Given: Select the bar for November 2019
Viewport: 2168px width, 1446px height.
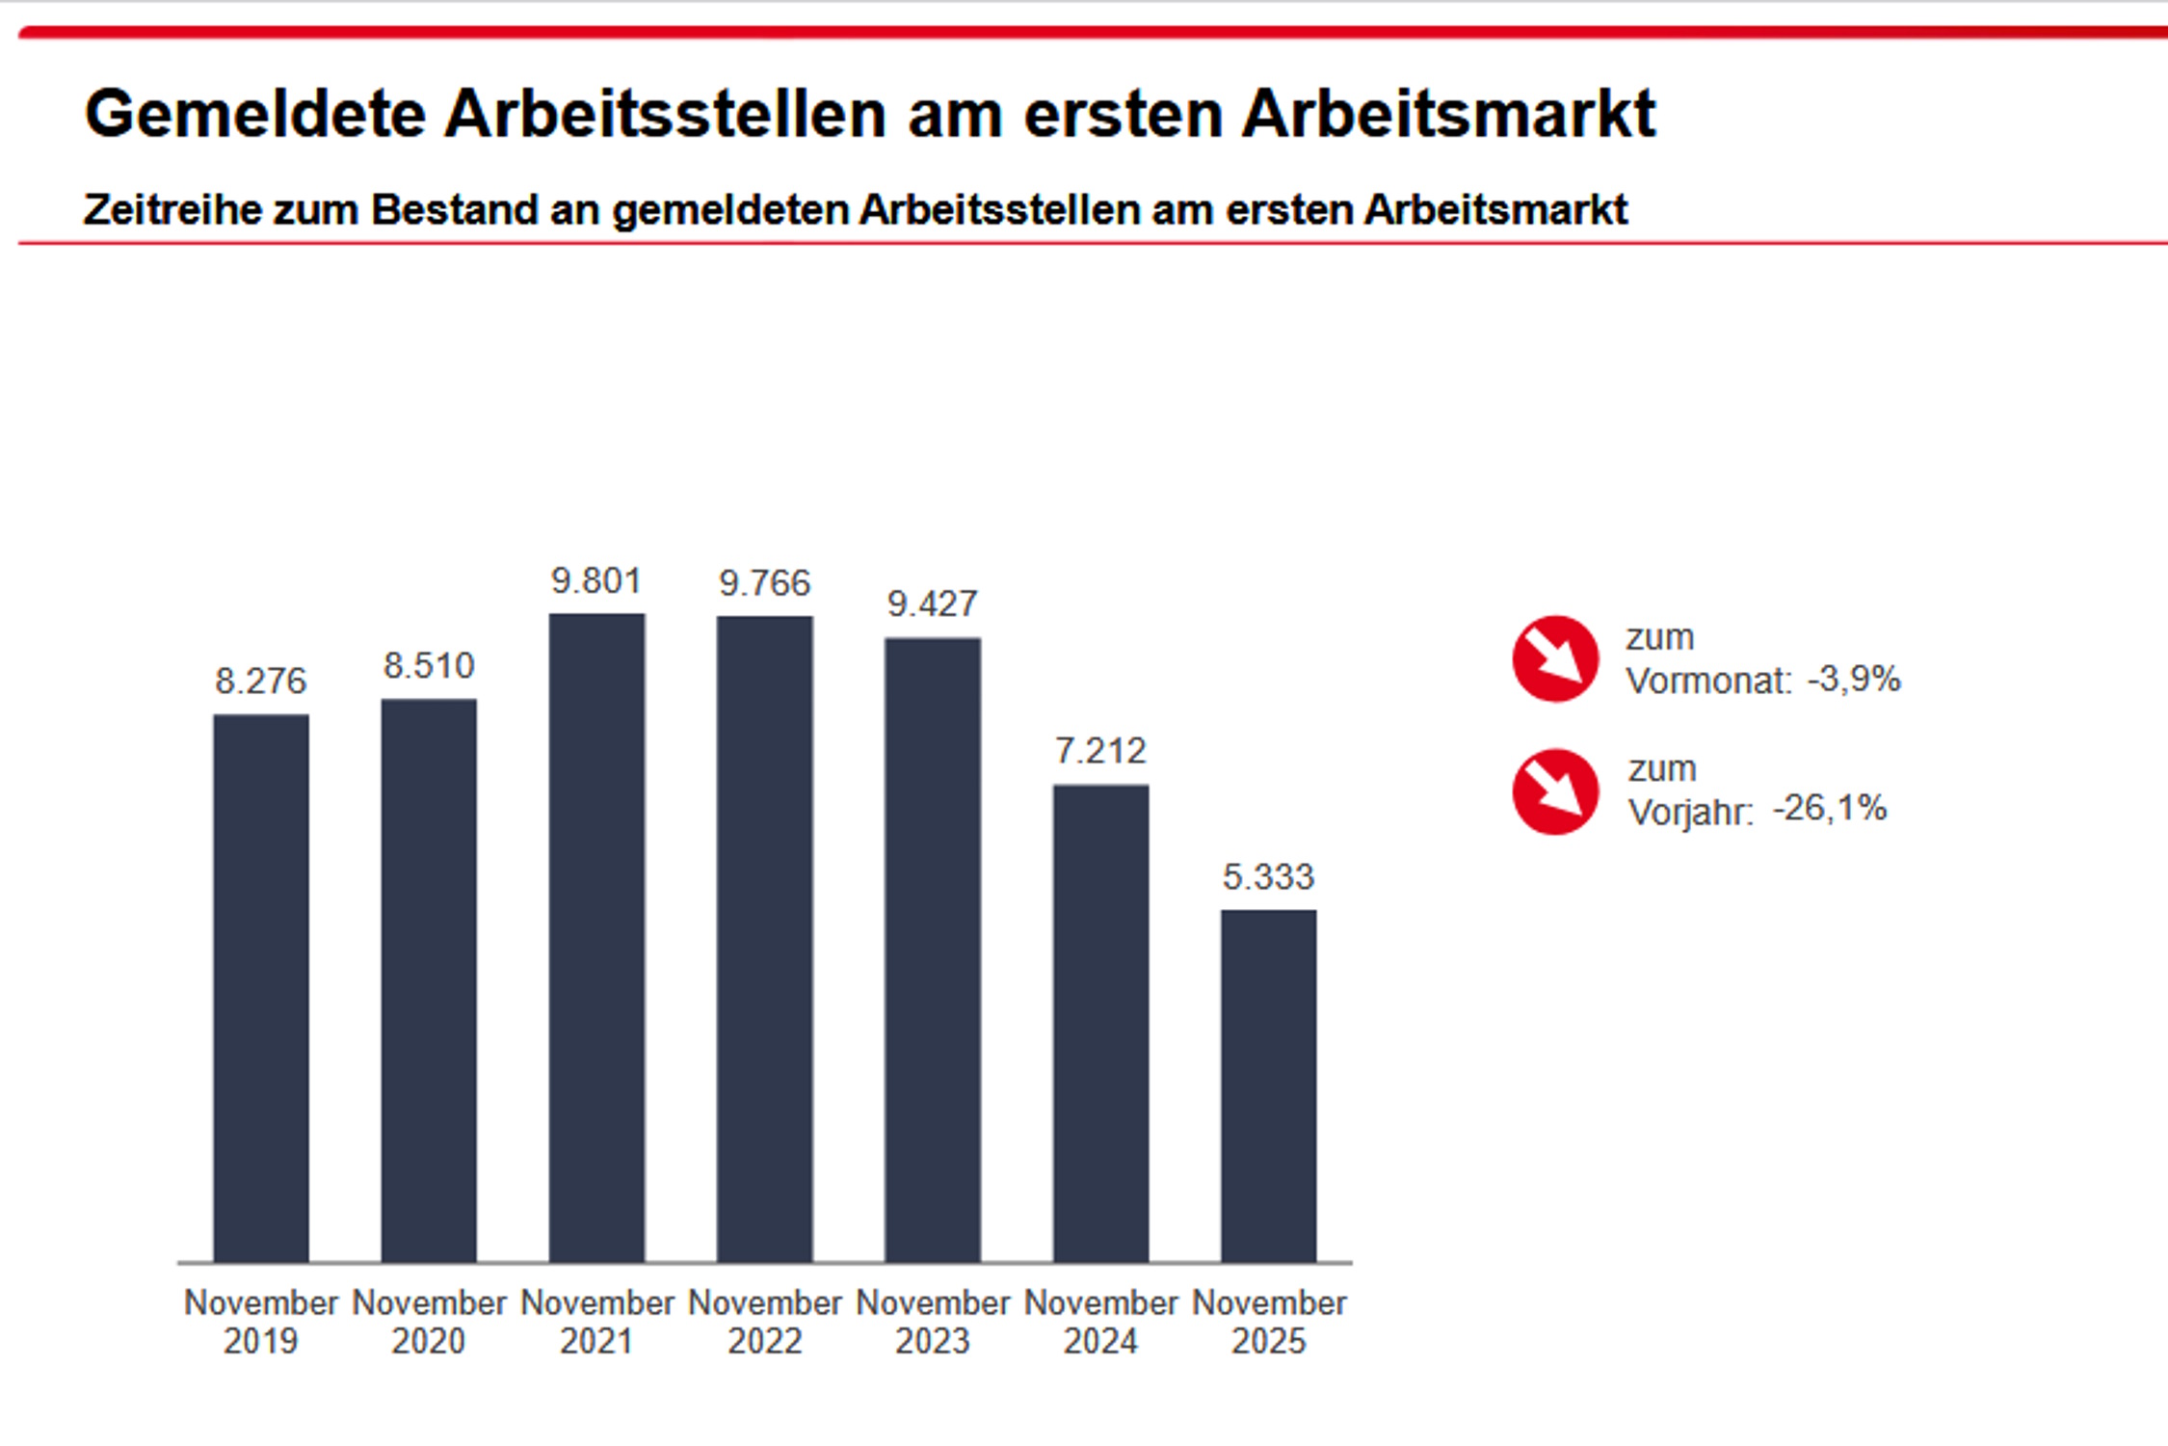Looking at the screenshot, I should [x=261, y=988].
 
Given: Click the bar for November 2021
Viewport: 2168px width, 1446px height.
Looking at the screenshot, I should [x=596, y=938].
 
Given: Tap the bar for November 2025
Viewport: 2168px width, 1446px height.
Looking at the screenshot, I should [x=1268, y=1086].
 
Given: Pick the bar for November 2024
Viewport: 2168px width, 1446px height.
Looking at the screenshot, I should [x=1100, y=1024].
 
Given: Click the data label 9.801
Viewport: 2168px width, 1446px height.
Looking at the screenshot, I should [x=596, y=581].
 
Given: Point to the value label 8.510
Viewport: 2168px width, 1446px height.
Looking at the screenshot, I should [x=429, y=666].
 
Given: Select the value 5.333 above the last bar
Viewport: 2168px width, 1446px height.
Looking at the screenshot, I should [x=1268, y=877].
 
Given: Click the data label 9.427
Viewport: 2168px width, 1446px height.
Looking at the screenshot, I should [x=933, y=604].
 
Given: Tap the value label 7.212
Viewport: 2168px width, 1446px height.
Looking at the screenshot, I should [x=1100, y=751].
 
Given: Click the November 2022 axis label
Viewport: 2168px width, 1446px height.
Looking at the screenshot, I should [x=765, y=1322].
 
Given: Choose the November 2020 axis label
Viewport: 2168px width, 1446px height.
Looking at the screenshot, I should [x=429, y=1322].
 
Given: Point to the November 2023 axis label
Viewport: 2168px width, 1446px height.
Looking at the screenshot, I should [x=933, y=1322].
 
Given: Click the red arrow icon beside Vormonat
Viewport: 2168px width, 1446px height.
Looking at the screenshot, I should [x=1555, y=658].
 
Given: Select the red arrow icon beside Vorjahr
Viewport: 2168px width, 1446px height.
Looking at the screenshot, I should [x=1555, y=791].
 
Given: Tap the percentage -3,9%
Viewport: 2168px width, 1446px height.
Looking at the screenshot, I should [x=1854, y=680].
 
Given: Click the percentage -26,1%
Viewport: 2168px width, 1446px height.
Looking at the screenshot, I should [x=1830, y=809].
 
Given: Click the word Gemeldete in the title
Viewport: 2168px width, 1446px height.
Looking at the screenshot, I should [x=255, y=114].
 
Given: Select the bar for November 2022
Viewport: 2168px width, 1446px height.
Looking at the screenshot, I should [x=765, y=939].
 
